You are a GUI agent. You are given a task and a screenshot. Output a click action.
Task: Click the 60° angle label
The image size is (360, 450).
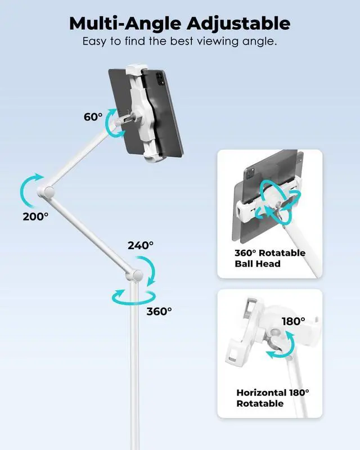pos(93,116)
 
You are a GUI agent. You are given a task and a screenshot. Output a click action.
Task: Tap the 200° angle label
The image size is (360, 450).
pos(35,216)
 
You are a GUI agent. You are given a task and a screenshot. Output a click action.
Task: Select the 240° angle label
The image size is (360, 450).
pos(140,245)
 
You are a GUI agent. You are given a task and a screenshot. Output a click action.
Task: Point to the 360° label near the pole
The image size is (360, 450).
pos(159,310)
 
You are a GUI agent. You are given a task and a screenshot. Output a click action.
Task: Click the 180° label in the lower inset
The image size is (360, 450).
pos(294,321)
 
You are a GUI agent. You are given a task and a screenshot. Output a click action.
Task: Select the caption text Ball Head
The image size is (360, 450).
pos(257,263)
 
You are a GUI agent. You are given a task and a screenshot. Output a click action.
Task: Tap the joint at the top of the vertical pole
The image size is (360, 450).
pos(134,276)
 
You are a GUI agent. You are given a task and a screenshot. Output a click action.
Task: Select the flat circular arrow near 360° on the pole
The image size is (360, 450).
pos(133,296)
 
